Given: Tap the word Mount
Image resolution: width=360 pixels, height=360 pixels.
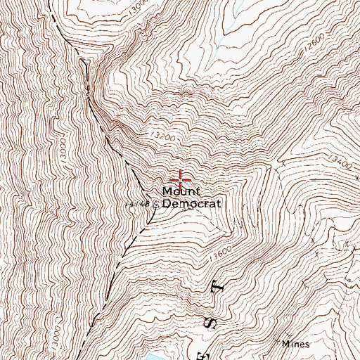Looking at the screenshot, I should pyautogui.click(x=182, y=191).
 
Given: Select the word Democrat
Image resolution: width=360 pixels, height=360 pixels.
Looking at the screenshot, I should pyautogui.click(x=192, y=204).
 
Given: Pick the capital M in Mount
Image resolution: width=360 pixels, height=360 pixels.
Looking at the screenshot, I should pyautogui.click(x=167, y=191).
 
